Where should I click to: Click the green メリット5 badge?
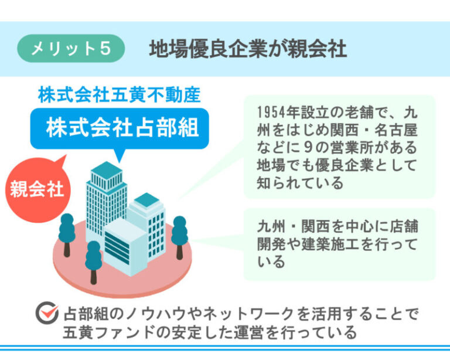coord(71,48)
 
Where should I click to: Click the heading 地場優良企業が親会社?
coord(248,49)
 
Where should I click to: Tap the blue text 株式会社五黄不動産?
coord(119,94)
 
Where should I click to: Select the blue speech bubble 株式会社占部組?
coord(120,128)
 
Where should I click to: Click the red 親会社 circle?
coord(37,189)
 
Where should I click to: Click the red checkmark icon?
coord(47,313)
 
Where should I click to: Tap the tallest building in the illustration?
coord(106,201)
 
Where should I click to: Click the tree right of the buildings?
coord(180,237)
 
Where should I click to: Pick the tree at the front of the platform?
coord(93,262)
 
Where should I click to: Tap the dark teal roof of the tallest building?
coord(107,170)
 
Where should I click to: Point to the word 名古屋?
coord(396,130)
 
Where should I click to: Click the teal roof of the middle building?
coord(146,200)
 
